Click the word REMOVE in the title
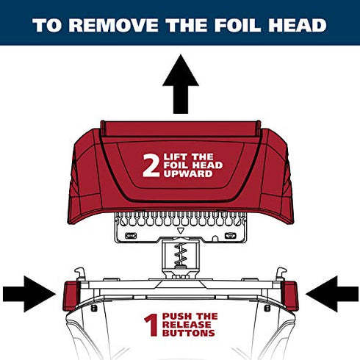click(114, 25)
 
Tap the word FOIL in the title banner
click(237, 25)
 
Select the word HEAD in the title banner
click(298, 25)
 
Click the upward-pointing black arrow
click(181, 84)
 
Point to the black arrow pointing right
click(29, 294)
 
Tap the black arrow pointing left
click(332, 294)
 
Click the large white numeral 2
click(151, 165)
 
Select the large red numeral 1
click(152, 325)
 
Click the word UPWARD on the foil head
click(188, 173)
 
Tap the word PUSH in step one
click(177, 316)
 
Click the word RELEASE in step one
click(187, 325)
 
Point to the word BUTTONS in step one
click(189, 333)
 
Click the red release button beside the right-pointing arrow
click(71, 296)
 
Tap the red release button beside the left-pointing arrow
click(290, 296)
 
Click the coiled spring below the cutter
click(181, 255)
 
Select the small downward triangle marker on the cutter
click(181, 231)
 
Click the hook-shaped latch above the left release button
click(80, 274)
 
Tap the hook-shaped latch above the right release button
click(281, 274)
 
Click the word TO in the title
click(46, 25)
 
